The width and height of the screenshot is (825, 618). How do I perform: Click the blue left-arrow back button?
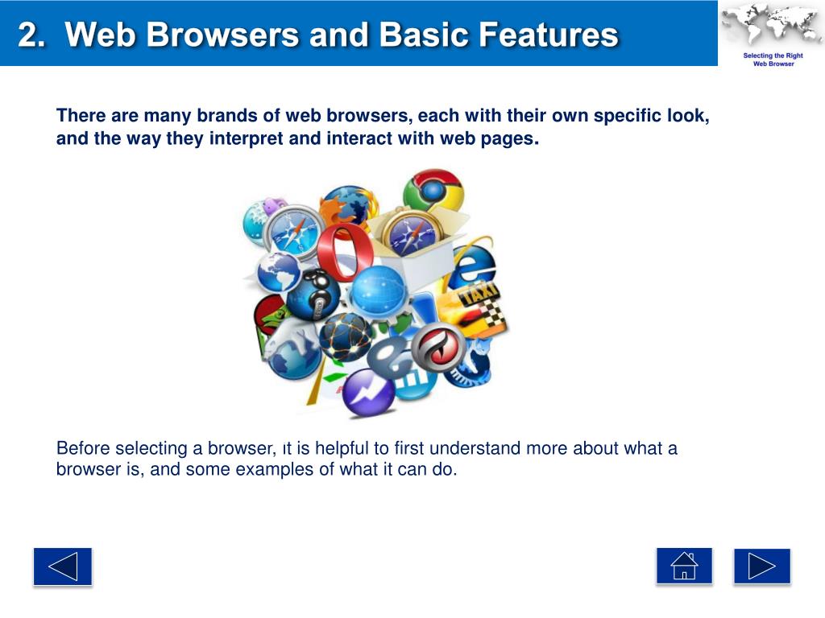point(63,566)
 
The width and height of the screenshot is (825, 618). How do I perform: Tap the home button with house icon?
point(684,566)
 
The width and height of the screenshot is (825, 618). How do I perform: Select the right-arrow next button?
point(761,566)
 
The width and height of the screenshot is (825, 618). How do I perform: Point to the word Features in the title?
point(548,35)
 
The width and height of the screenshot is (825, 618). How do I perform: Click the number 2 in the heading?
point(29,35)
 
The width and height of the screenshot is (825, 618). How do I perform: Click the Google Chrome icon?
point(433,193)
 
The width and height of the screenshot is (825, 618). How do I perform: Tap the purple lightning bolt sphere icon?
point(368,392)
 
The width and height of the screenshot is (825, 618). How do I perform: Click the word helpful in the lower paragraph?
point(340,448)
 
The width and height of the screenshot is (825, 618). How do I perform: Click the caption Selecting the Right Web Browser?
point(773,60)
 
